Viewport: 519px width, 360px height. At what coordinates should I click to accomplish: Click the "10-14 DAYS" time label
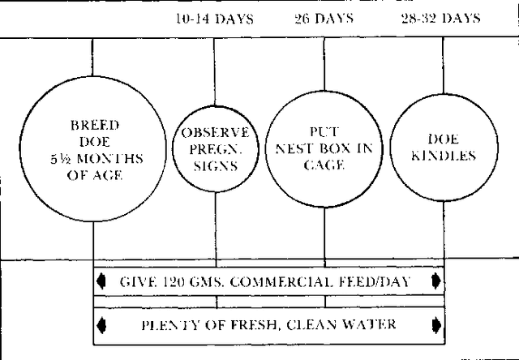pyautogui.click(x=215, y=19)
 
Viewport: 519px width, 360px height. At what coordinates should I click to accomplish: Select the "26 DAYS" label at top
pyautogui.click(x=324, y=18)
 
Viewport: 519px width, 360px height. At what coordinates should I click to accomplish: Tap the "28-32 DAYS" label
pyautogui.click(x=441, y=18)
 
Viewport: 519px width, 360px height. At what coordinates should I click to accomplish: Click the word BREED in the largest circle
pyautogui.click(x=95, y=126)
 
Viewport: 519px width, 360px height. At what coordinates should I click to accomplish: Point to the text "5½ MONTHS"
pyautogui.click(x=97, y=159)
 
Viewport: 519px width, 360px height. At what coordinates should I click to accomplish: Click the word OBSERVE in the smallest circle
pyautogui.click(x=215, y=133)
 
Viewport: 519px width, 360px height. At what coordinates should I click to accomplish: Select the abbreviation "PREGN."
pyautogui.click(x=216, y=149)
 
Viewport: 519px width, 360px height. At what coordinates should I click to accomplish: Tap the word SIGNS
pyautogui.click(x=216, y=165)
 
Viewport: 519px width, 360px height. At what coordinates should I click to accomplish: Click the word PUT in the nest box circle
pyautogui.click(x=324, y=132)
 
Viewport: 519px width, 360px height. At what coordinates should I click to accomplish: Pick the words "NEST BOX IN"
pyautogui.click(x=324, y=148)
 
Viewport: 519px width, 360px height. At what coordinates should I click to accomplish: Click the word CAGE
pyautogui.click(x=324, y=165)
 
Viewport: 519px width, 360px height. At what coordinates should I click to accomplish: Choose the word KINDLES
pyautogui.click(x=444, y=156)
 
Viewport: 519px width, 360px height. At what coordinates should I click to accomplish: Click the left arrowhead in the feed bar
pyautogui.click(x=101, y=281)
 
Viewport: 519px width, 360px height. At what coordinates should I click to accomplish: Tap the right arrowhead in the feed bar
pyautogui.click(x=436, y=281)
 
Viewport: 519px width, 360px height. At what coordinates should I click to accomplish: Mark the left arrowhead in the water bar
pyautogui.click(x=101, y=325)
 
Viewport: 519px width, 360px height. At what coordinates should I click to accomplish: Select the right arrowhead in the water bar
pyautogui.click(x=436, y=324)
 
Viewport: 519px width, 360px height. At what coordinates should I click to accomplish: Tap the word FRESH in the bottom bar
pyautogui.click(x=254, y=325)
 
